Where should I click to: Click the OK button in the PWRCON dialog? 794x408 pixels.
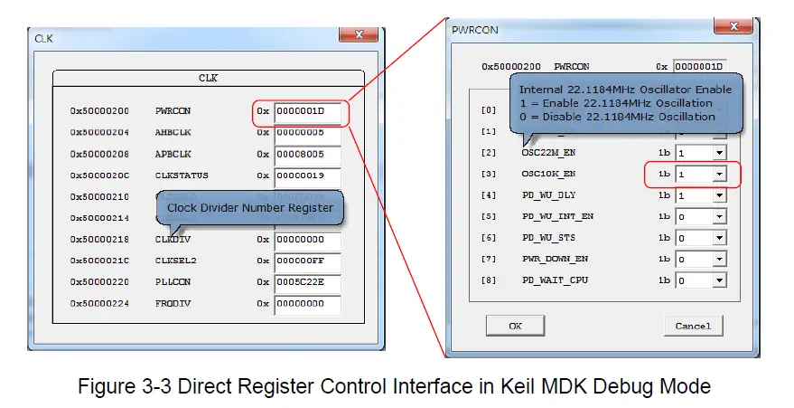point(515,325)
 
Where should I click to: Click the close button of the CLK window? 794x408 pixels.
point(358,33)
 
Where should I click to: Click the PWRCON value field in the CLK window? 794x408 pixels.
point(308,111)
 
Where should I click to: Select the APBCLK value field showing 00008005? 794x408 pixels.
point(308,154)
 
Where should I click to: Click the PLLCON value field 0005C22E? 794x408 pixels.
point(308,282)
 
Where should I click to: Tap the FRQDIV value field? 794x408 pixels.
point(308,304)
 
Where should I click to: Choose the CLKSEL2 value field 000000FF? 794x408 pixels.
point(308,261)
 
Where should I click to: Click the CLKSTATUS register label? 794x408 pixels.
point(182,176)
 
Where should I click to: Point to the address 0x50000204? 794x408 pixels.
point(99,132)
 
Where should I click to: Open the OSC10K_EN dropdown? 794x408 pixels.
point(720,173)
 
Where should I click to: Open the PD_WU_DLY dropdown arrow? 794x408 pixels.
point(720,195)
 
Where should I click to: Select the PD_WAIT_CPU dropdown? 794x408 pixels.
point(720,280)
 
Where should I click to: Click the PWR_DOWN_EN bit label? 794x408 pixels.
point(555,259)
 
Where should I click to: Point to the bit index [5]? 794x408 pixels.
point(489,216)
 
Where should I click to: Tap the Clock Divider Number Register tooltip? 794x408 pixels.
point(249,209)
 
